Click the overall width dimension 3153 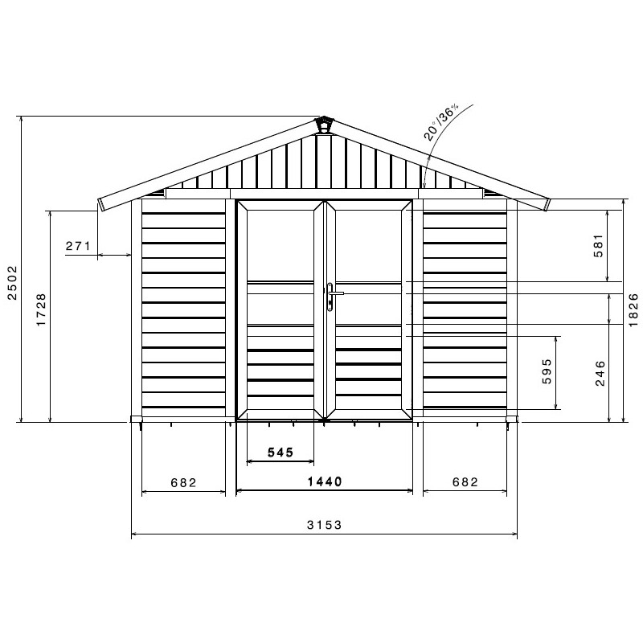[324, 525]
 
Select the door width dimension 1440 [324, 482]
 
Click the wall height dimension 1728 [42, 310]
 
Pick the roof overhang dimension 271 [78, 246]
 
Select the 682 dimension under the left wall [183, 482]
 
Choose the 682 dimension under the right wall [465, 482]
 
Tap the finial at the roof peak [324, 125]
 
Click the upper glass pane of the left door [280, 244]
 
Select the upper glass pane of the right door [368, 244]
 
